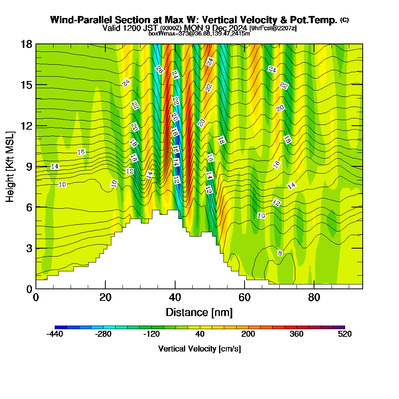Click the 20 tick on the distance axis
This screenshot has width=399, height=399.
pyautogui.click(x=105, y=298)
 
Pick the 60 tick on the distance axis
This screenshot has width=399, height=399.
pyautogui.click(x=245, y=298)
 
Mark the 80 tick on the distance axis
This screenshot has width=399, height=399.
pyautogui.click(x=314, y=298)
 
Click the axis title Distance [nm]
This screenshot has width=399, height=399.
pyautogui.click(x=199, y=312)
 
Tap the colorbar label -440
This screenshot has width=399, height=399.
pyautogui.click(x=55, y=334)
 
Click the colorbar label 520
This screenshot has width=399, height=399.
pyautogui.click(x=345, y=334)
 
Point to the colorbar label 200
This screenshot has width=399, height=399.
pyautogui.click(x=248, y=334)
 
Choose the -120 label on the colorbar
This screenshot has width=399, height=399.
pyautogui.click(x=151, y=334)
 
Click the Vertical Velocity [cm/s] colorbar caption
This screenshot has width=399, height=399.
pyautogui.click(x=199, y=349)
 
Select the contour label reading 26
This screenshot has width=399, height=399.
pyautogui.click(x=160, y=70)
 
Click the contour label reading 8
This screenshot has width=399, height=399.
pyautogui.click(x=280, y=253)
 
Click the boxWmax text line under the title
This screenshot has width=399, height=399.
pyautogui.click(x=199, y=34)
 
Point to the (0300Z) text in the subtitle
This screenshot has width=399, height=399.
pyautogui.click(x=171, y=28)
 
